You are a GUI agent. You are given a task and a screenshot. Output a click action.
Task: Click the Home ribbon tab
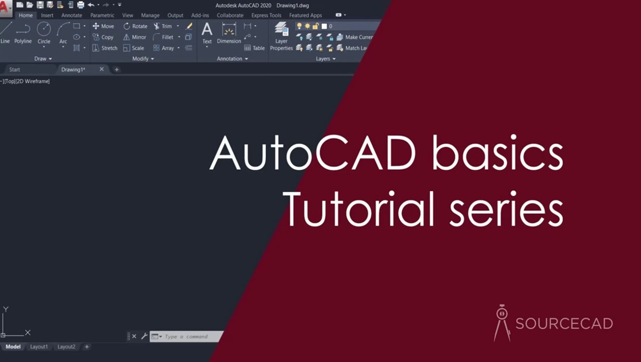[x=26, y=16]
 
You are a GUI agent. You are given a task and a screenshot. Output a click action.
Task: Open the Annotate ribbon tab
[x=71, y=16]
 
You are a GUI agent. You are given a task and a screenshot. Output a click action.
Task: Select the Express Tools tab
[x=266, y=16]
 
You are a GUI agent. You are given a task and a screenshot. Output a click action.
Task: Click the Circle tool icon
[x=44, y=30]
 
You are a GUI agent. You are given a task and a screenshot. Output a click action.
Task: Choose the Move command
[x=103, y=26]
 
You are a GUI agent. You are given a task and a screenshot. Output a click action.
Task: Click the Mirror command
[x=134, y=37]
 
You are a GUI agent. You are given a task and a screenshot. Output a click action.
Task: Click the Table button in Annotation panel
[x=255, y=48]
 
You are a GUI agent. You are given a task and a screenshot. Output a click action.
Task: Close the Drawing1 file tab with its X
[x=102, y=69]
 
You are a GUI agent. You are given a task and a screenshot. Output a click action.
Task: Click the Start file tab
[x=15, y=70]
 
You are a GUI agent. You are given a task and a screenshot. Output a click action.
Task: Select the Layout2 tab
[x=66, y=347]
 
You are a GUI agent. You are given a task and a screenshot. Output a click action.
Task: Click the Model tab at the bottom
[x=13, y=347]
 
